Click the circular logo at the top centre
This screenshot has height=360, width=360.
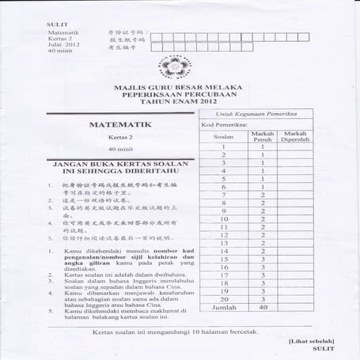click(182, 61)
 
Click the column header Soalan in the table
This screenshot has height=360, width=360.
click(224, 135)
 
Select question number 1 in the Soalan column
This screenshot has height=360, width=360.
click(224, 146)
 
